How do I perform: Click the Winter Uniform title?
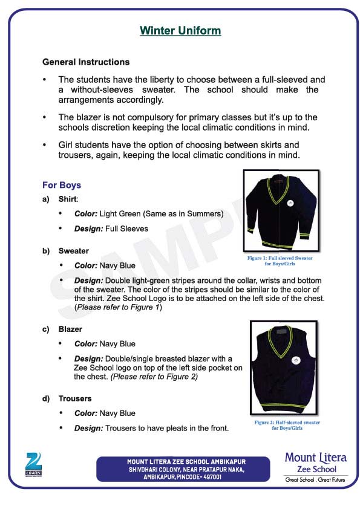[x=180, y=30]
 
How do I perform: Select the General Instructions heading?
[x=85, y=62]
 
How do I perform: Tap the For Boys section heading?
[x=61, y=185]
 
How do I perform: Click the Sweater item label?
[x=73, y=251]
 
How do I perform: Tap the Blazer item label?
[x=70, y=329]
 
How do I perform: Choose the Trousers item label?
[x=75, y=398]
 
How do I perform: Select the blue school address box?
[x=182, y=469]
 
